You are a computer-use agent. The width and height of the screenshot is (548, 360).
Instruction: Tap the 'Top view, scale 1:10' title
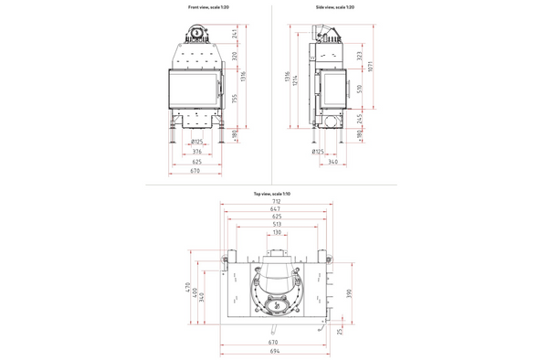(x=271, y=195)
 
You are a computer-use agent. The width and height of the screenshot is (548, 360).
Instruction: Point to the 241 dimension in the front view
(x=236, y=36)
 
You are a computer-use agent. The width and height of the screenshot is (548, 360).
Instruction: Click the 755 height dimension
(x=236, y=101)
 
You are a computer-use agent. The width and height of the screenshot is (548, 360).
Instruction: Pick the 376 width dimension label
(x=196, y=152)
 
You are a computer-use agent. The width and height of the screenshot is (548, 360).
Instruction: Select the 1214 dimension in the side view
(x=296, y=87)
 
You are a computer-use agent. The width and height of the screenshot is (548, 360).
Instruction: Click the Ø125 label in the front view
(x=196, y=142)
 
